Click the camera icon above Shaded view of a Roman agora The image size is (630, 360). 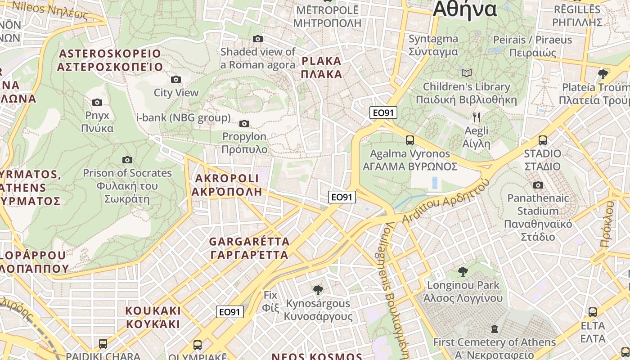(258, 39)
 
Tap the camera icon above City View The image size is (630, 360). (176, 80)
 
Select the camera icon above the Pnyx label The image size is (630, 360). (97, 103)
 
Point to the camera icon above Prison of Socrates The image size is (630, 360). (127, 160)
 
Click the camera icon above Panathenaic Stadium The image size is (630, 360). (538, 185)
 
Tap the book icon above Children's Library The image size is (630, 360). (467, 73)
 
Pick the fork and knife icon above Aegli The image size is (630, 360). (477, 118)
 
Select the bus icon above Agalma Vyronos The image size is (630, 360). (410, 140)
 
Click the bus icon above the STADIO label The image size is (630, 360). (543, 140)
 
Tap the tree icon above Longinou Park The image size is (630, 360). (463, 272)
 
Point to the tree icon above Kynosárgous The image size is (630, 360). (318, 290)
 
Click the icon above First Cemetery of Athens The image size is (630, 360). (495, 329)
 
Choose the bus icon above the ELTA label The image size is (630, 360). (593, 312)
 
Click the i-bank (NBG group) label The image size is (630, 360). (183, 118)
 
